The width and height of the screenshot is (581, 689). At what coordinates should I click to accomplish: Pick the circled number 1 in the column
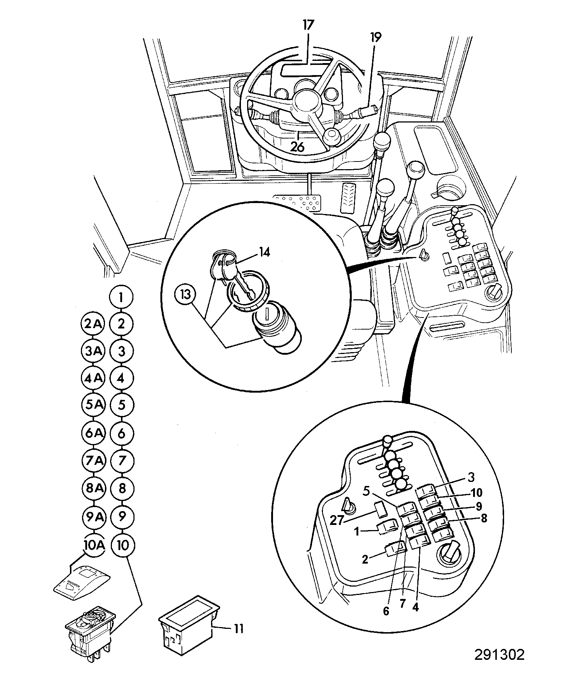pos(121,297)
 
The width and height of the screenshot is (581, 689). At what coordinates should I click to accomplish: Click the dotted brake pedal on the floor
pos(298,202)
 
